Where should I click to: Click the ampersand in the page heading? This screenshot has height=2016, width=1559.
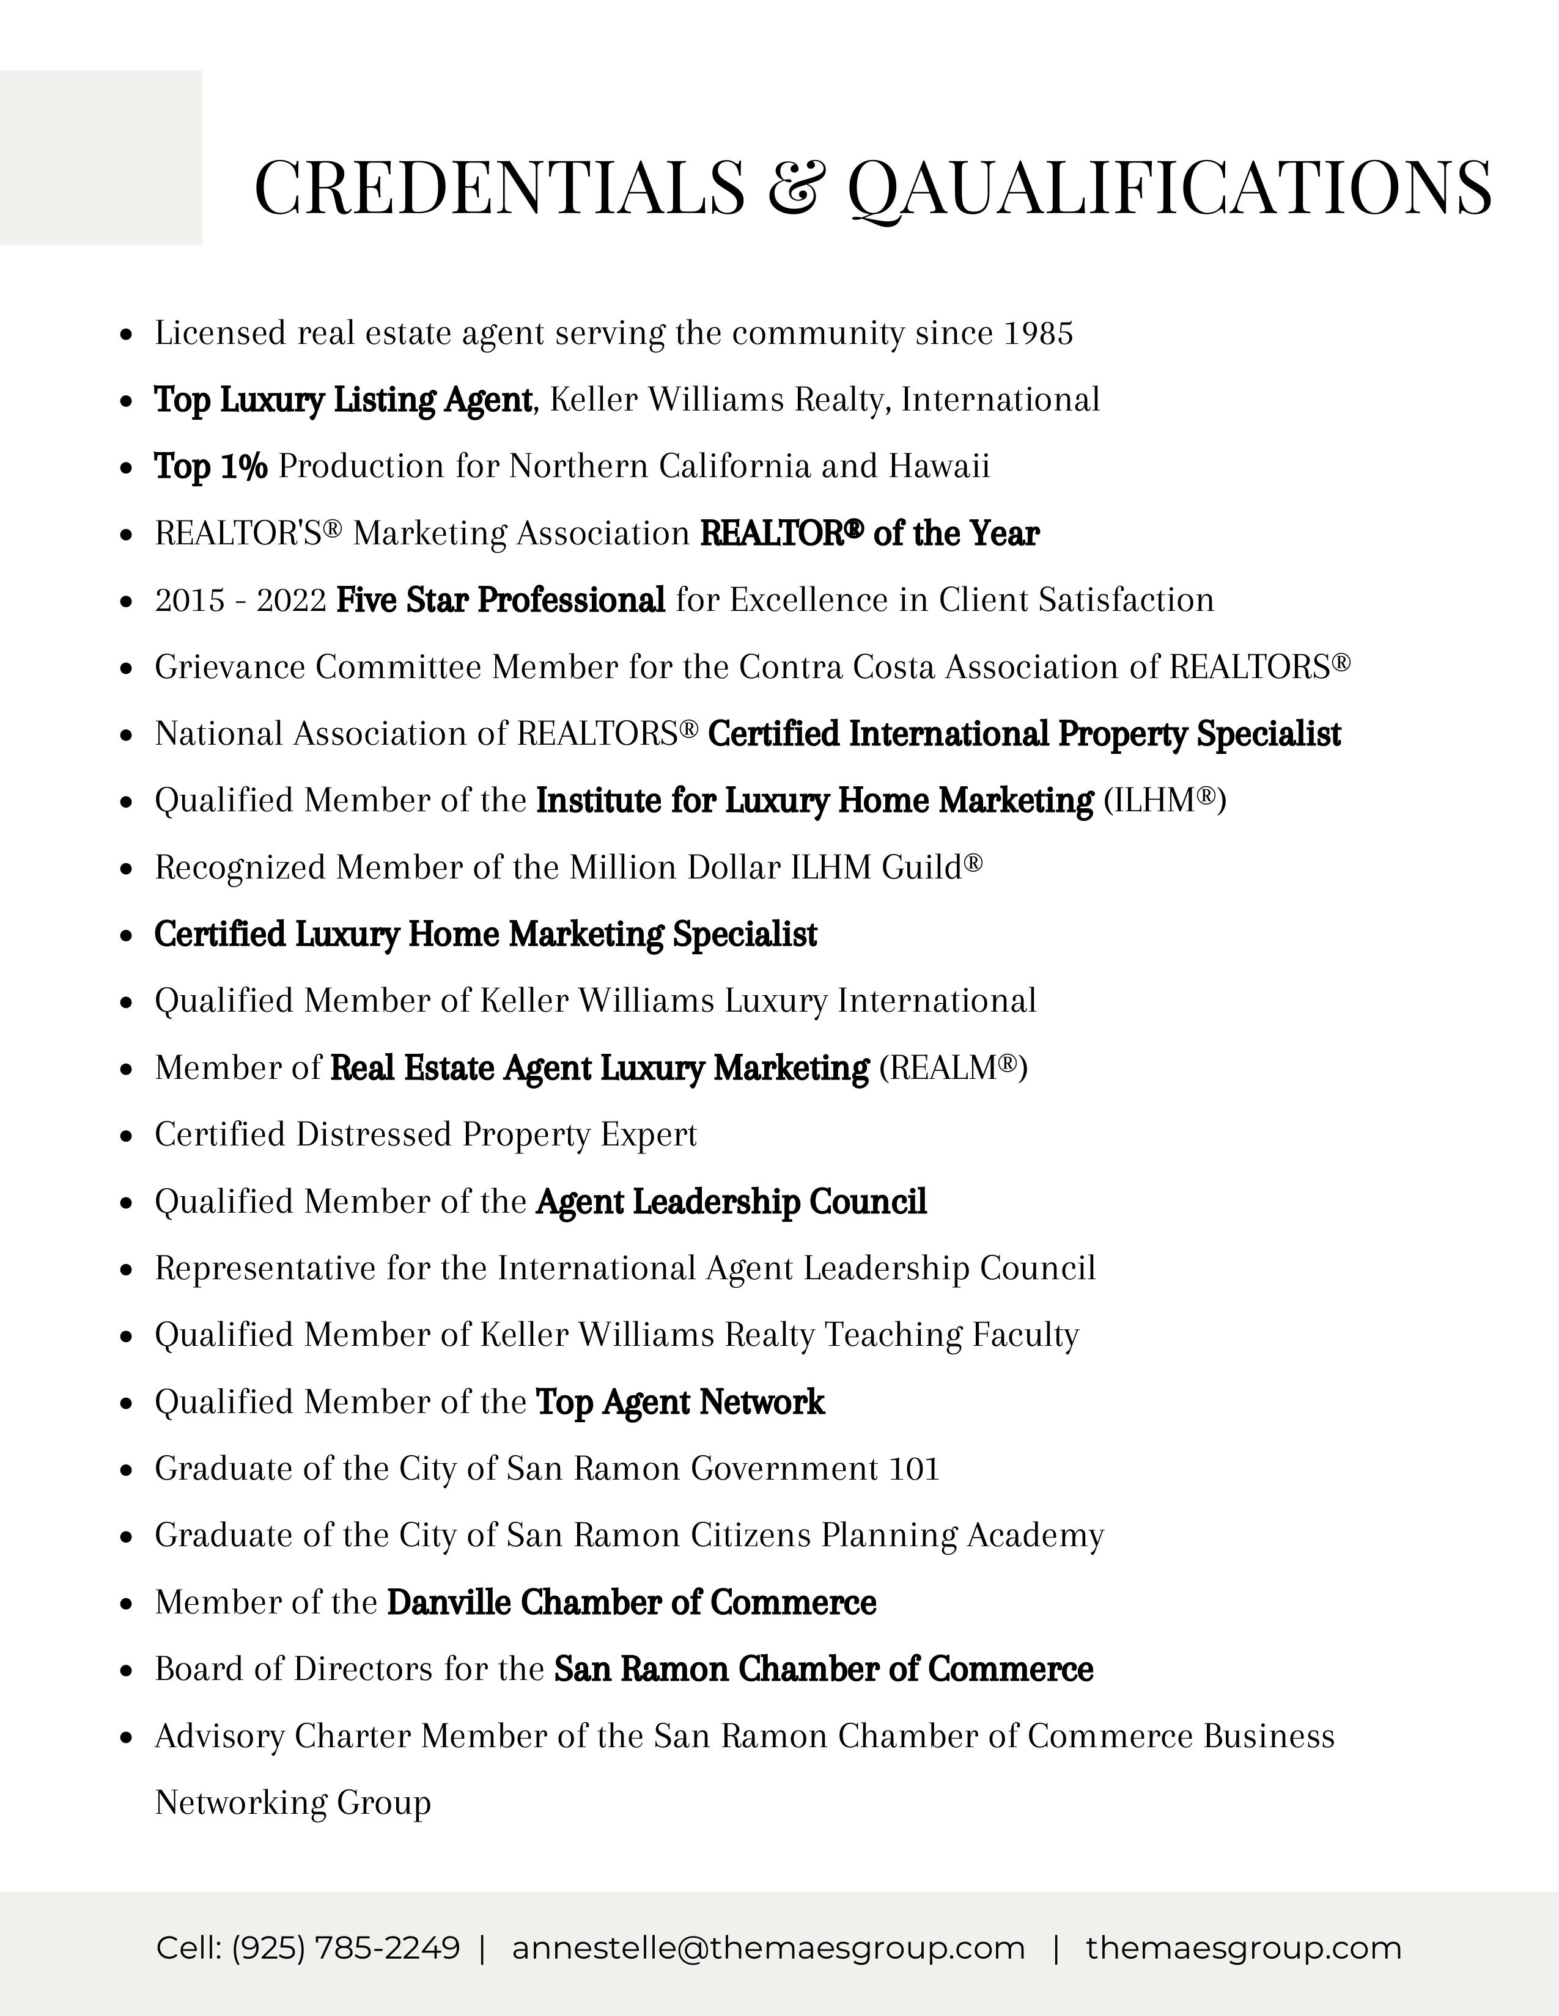point(796,188)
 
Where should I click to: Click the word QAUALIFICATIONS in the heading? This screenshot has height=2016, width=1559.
point(1169,188)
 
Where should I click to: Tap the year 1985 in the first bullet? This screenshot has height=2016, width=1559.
point(1038,333)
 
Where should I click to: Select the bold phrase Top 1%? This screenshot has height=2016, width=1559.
point(210,467)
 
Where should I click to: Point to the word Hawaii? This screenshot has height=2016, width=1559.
point(939,467)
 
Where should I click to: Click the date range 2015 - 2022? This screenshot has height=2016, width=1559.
point(240,601)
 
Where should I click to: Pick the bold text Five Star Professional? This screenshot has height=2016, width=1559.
point(501,601)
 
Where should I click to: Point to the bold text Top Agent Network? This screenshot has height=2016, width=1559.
point(680,1402)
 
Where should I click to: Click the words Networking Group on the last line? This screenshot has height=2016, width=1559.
point(293,1803)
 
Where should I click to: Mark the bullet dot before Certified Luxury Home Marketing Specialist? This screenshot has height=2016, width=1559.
point(127,935)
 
